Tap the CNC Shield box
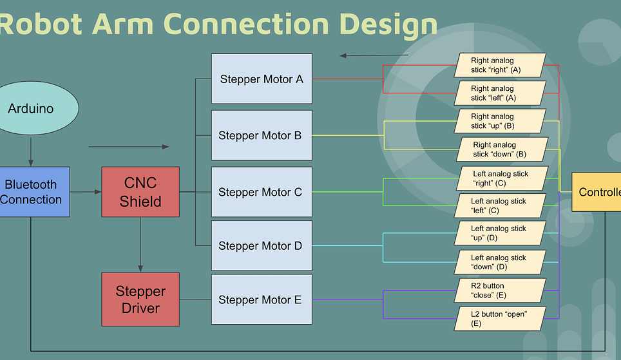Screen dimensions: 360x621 click(140, 192)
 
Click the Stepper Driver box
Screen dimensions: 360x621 click(140, 299)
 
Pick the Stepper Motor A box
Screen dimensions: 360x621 click(262, 79)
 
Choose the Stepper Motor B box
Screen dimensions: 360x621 click(262, 135)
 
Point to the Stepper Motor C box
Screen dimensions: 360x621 click(262, 192)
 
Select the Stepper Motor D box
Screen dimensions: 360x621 click(262, 245)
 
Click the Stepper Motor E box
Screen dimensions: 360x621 click(262, 299)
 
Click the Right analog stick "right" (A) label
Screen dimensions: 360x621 click(500, 65)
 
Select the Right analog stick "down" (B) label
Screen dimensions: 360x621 click(501, 149)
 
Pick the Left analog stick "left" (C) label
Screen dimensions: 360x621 click(500, 205)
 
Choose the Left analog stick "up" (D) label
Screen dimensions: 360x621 click(500, 233)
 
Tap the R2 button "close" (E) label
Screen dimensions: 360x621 click(500, 290)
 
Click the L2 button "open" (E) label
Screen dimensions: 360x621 click(500, 318)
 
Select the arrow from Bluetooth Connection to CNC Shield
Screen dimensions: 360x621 click(85, 192)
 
